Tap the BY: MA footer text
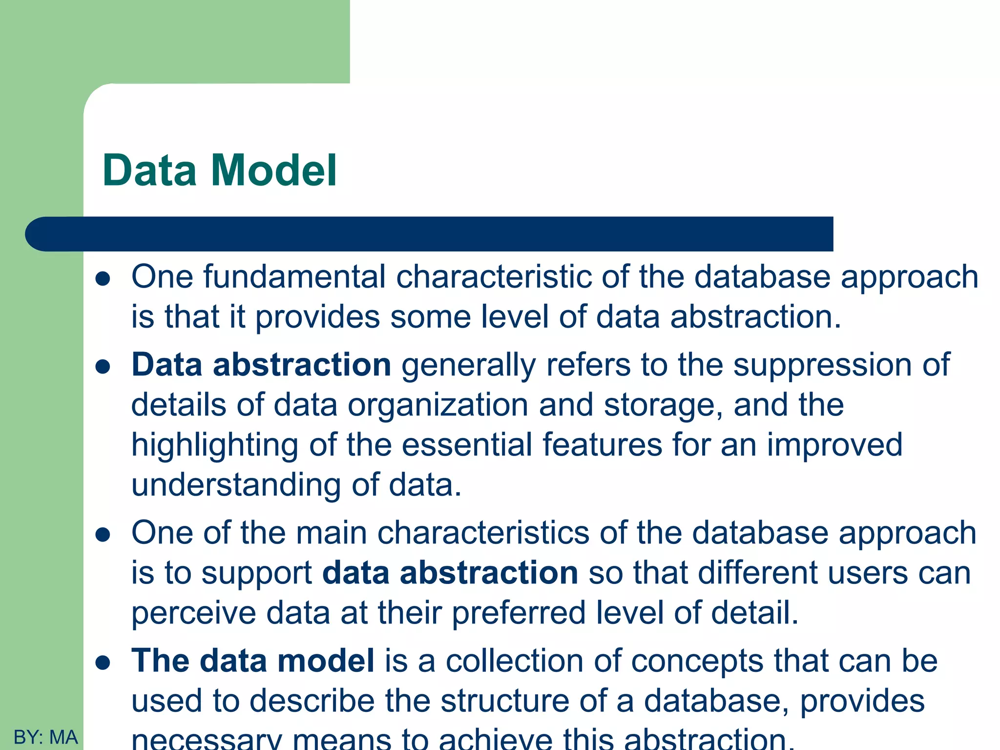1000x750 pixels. coord(45,737)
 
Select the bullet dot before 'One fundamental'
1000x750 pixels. coord(103,279)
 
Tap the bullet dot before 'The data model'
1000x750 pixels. coord(103,663)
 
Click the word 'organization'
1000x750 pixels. coord(438,405)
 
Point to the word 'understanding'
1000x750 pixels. coord(236,485)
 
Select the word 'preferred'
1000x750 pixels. coord(519,613)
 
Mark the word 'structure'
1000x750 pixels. coord(504,701)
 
